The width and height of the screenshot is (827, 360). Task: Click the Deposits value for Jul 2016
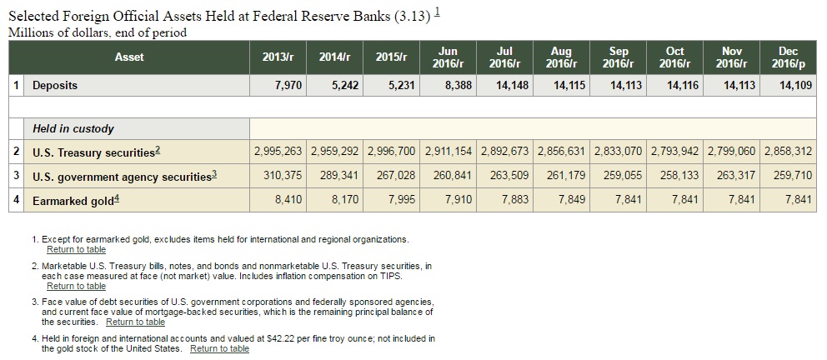[511, 85]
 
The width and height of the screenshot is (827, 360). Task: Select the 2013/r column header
[278, 57]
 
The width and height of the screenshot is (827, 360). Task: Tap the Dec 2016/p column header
[788, 57]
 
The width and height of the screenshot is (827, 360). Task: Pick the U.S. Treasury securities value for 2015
[392, 152]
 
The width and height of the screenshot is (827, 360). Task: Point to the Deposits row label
[55, 85]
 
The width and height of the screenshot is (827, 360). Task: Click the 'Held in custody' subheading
[73, 129]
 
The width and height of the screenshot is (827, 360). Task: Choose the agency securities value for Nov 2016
[730, 177]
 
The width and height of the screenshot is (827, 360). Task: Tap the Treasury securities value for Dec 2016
[788, 152]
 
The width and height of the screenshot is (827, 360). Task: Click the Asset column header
[129, 57]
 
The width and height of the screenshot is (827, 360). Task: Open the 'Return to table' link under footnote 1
[77, 250]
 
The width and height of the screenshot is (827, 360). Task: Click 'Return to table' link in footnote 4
[219, 348]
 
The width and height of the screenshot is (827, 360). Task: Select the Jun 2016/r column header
[448, 57]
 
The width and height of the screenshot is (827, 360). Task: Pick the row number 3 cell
[17, 177]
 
